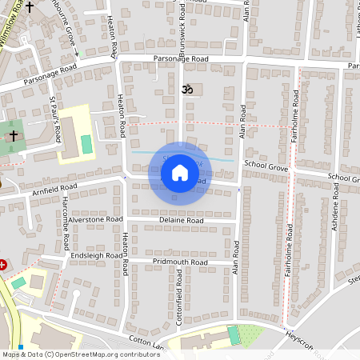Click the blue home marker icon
(180, 172)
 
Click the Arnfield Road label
(54, 188)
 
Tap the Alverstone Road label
(95, 218)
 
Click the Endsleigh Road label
(96, 256)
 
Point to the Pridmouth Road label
(180, 262)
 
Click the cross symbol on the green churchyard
(13, 137)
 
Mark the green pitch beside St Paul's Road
(86, 146)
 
